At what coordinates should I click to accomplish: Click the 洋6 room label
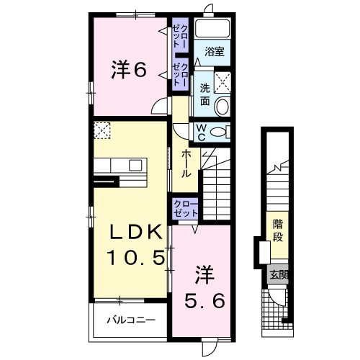click(x=129, y=71)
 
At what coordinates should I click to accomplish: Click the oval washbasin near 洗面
click(x=222, y=107)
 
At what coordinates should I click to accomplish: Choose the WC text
click(x=202, y=131)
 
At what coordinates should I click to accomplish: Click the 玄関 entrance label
click(x=277, y=274)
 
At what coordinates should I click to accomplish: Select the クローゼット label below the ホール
click(x=186, y=209)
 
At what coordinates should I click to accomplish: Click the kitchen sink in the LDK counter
click(x=135, y=165)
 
